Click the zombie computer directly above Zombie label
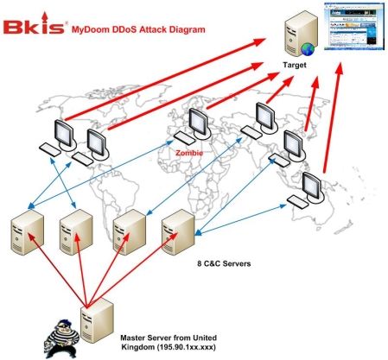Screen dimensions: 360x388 pyautogui.click(x=186, y=130)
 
